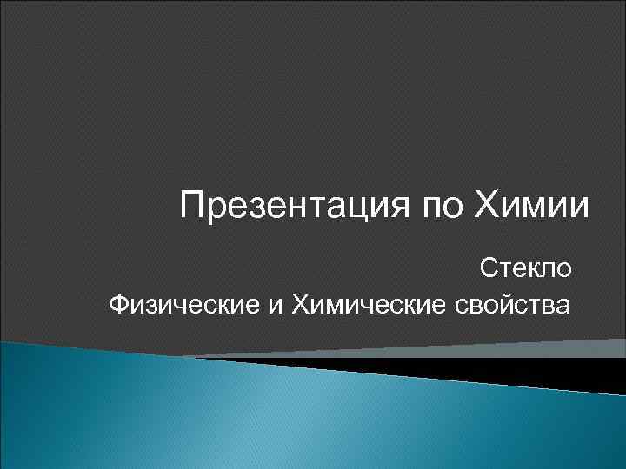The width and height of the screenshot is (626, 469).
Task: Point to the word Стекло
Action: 528,268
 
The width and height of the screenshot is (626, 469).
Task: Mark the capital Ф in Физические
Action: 120,305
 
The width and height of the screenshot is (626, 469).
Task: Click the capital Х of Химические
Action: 301,305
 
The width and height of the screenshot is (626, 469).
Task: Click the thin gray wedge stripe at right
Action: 522,350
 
